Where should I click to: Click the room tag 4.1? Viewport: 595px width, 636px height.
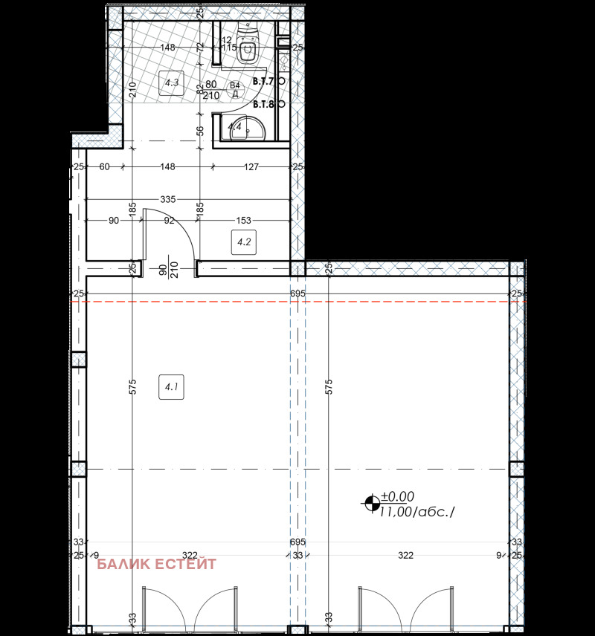coord(171,386)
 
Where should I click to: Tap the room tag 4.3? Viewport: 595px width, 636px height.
coord(171,82)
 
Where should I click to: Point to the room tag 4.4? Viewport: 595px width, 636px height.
coord(234,127)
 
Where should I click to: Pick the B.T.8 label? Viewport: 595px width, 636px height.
coord(264,105)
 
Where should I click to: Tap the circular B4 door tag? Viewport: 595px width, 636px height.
coord(234,89)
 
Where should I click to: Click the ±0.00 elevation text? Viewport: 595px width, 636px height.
coord(398,497)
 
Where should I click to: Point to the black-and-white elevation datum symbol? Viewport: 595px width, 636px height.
coord(370,504)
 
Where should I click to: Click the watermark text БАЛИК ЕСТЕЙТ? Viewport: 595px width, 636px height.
coord(157,565)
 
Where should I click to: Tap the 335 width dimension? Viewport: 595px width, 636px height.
coord(167,200)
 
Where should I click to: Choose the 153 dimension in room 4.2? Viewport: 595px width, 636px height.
coord(243,220)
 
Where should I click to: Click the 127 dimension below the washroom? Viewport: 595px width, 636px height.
coord(251,167)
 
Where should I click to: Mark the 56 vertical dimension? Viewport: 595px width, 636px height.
coord(199,130)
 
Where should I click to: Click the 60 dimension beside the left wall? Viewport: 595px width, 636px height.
coord(103,167)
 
